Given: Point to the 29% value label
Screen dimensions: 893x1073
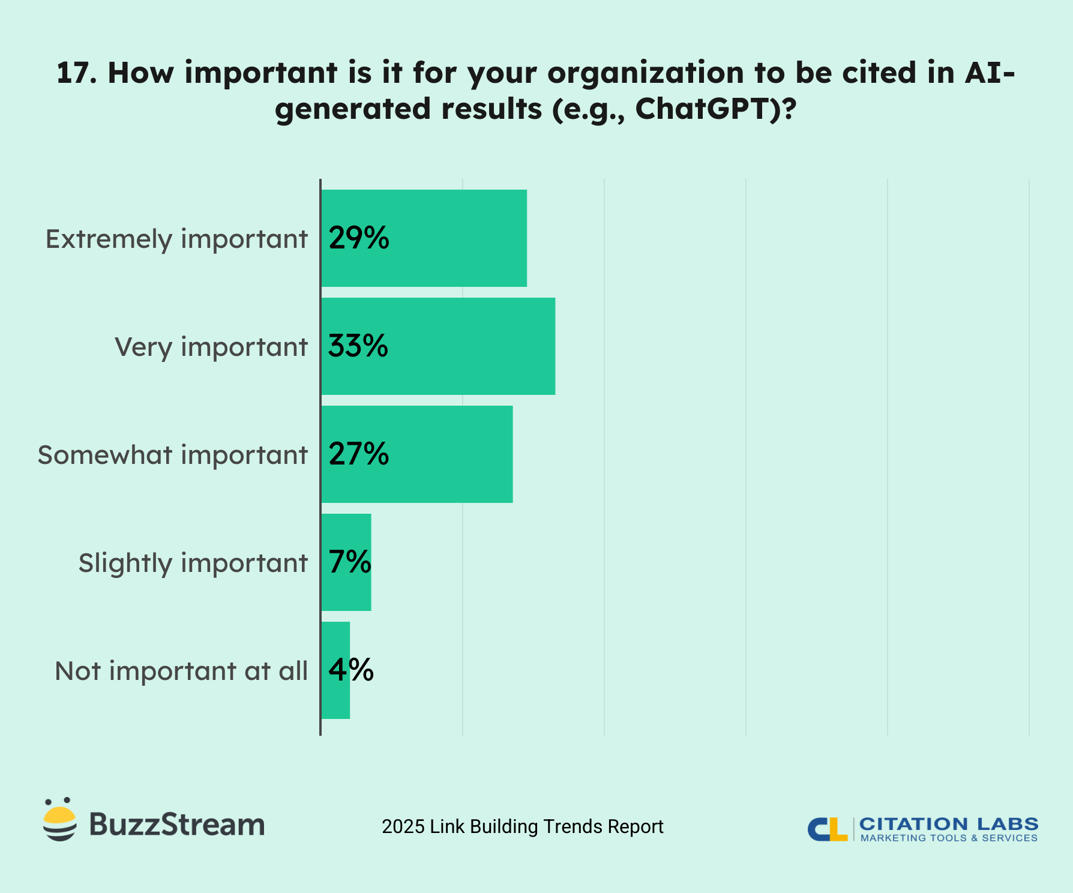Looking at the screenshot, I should pos(359,238).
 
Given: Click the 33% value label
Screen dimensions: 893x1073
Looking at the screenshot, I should pos(358,346).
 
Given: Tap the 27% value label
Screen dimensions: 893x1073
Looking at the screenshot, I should pos(359,454).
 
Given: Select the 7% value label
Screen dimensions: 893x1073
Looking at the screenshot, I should pos(349,562).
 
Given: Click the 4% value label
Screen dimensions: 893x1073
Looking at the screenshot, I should pos(351,670).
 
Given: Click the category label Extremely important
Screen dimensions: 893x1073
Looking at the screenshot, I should pos(176,239).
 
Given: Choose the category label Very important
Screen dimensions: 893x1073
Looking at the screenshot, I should pos(211,347).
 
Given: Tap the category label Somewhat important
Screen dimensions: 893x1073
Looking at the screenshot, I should pos(173,456).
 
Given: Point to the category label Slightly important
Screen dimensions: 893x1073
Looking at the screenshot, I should pos(193,564).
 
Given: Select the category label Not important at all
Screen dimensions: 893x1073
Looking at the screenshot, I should pos(181,672).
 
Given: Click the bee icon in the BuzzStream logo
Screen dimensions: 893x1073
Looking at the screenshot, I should pos(59,820).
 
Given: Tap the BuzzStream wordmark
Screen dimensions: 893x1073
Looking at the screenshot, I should pos(176,825).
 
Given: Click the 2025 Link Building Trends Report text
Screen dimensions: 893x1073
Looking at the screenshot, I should pos(522,827).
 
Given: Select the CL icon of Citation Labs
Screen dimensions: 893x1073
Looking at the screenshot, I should pos(827,829).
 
